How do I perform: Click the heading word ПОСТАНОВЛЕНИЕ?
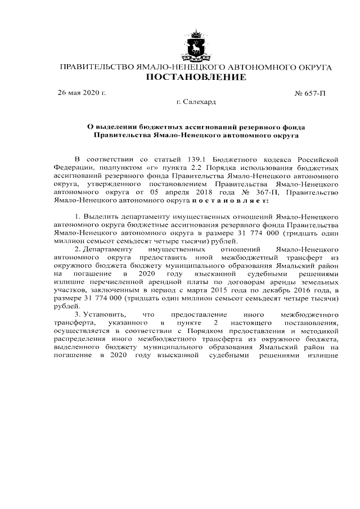195,77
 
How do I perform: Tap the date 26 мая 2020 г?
82,92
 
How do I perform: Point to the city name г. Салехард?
196,102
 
